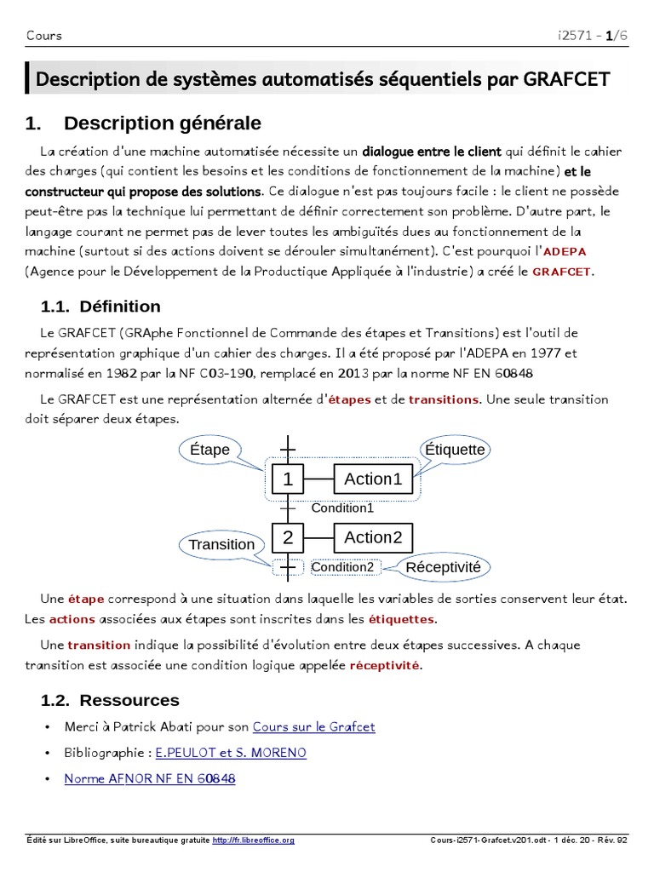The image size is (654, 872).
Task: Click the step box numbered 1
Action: (288, 479)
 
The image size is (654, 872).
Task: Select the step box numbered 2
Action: (288, 537)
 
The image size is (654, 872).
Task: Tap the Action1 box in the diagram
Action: (372, 479)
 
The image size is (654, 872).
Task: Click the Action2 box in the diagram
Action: (372, 537)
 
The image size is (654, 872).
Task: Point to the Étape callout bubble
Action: (209, 450)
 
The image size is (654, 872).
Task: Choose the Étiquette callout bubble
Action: (455, 449)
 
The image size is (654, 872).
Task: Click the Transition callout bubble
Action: (221, 544)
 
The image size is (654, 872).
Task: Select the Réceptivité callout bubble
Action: (443, 567)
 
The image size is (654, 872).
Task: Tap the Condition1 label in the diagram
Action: (342, 508)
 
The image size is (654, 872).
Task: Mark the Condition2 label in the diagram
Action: (342, 567)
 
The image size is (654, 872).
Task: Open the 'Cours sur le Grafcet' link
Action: (313, 727)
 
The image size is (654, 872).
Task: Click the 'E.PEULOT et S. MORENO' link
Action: (231, 753)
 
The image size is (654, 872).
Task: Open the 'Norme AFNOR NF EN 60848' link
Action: (150, 778)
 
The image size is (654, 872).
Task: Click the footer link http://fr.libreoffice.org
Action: (253, 840)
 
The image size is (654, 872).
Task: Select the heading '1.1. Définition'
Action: (100, 307)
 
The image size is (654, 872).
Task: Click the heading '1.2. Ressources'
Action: (110, 701)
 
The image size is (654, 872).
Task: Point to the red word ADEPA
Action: (565, 252)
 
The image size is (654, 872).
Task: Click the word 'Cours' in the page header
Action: (43, 35)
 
